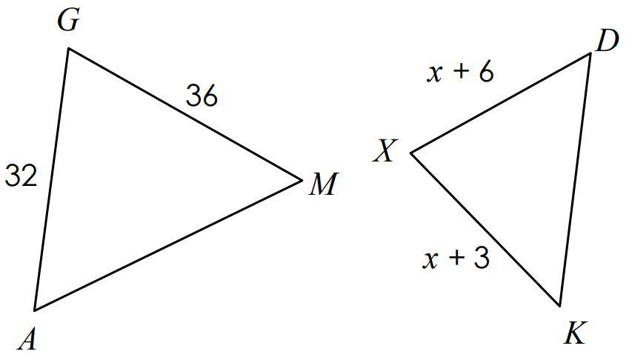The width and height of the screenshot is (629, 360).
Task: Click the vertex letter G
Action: point(67,21)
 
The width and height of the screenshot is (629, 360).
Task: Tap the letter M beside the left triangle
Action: point(323,184)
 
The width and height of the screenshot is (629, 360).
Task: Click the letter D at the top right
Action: point(606,42)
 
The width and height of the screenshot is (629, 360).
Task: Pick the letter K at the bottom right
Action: point(574,334)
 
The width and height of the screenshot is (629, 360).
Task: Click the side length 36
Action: point(202,96)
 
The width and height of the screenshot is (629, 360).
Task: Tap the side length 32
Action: point(21,176)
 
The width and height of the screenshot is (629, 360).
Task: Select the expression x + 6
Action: point(461,73)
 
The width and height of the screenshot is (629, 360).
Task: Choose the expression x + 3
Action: point(456,259)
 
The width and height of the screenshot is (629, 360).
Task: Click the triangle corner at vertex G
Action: point(69,49)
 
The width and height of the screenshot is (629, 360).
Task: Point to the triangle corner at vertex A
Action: point(34,310)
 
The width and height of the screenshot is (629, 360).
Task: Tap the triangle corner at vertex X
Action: point(411,153)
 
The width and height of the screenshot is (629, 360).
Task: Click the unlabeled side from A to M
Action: point(168,244)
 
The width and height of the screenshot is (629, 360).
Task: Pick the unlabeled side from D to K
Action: point(576,179)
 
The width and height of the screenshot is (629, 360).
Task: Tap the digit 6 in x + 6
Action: point(485,73)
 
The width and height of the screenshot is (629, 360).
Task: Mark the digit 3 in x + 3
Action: point(481,259)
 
